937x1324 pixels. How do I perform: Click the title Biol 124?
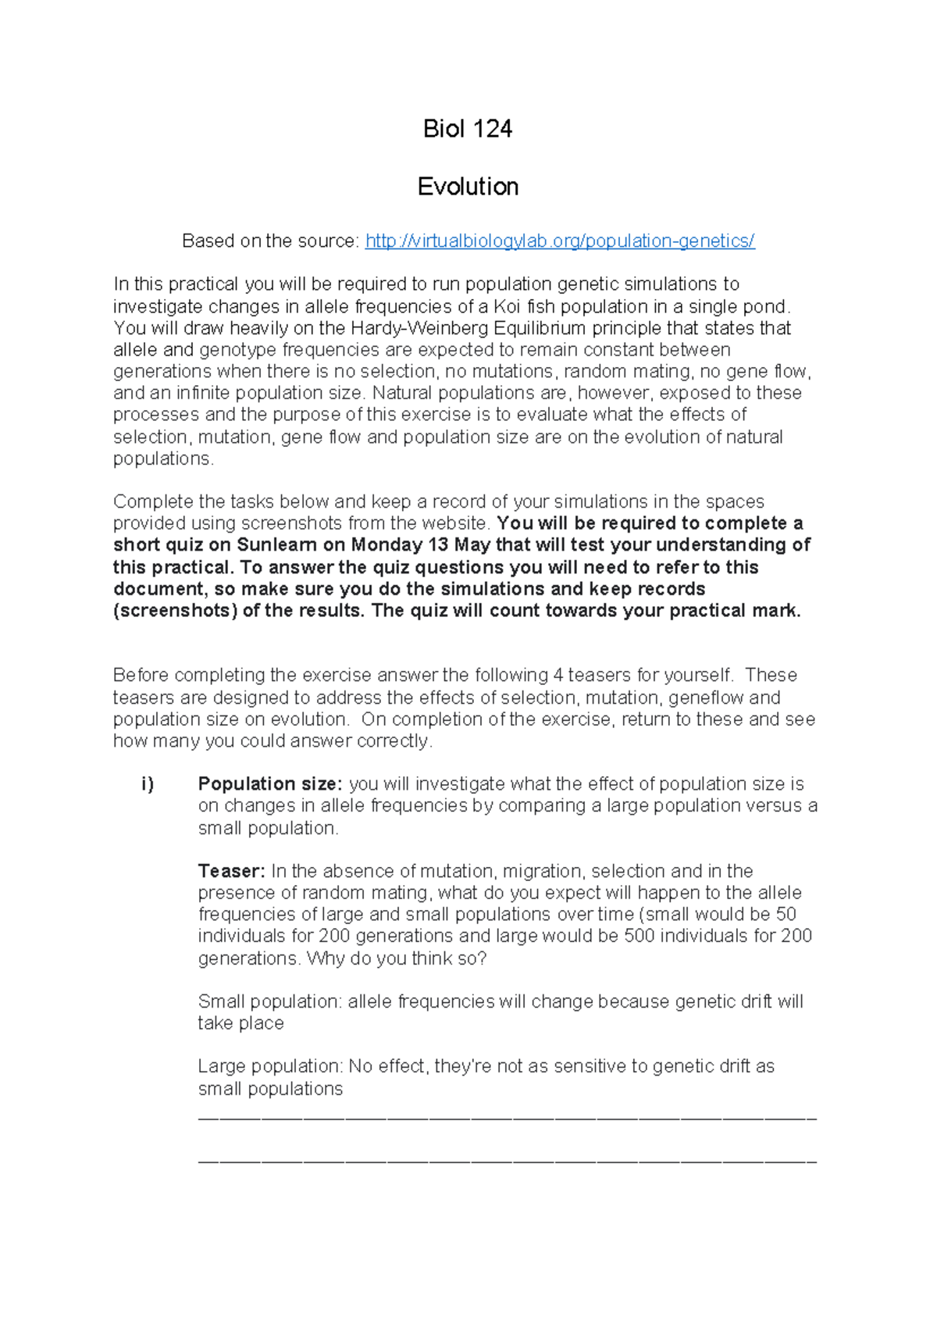(467, 129)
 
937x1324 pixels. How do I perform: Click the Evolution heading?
(467, 187)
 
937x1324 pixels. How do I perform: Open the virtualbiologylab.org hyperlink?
(559, 241)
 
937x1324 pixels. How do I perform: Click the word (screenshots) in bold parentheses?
(175, 611)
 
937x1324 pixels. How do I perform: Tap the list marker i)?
(148, 784)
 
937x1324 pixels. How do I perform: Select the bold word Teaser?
(232, 871)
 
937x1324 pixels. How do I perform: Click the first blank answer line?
(507, 1119)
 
